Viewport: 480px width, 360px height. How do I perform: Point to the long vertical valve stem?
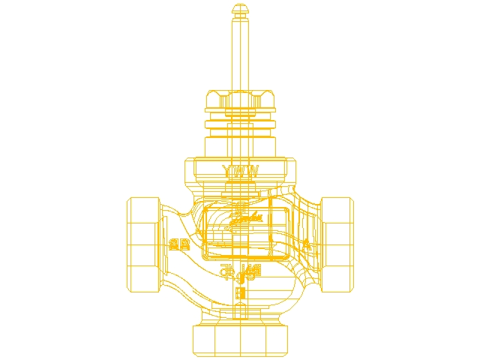coord(240,56)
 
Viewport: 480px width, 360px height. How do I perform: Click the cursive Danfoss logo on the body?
coord(245,219)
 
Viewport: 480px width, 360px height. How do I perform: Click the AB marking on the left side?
coord(178,244)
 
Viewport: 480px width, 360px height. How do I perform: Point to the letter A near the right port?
coord(305,244)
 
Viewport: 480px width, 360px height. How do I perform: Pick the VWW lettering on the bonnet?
coord(241,172)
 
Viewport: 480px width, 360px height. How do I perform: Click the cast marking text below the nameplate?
coord(240,271)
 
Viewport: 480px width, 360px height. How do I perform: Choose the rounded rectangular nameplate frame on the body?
coord(245,232)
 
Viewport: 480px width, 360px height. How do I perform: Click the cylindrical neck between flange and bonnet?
coord(240,142)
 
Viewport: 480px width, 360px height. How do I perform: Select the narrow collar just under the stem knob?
coord(240,20)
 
